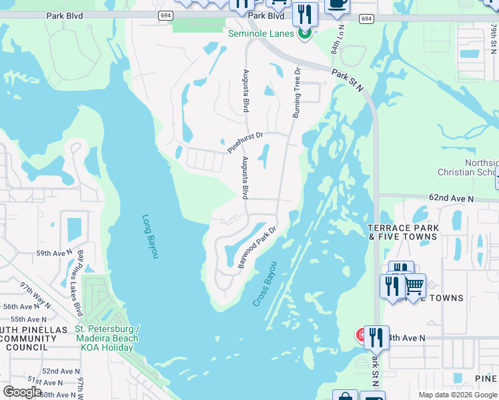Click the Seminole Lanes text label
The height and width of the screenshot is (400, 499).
(x=261, y=33)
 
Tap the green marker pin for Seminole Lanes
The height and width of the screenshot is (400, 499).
(x=305, y=33)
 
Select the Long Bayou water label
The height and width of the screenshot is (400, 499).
(x=149, y=236)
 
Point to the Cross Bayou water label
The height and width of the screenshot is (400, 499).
(x=265, y=289)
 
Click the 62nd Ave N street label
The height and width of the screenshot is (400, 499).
(x=451, y=199)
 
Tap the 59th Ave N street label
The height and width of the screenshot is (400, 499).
(x=53, y=253)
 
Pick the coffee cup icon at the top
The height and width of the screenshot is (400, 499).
(x=337, y=4)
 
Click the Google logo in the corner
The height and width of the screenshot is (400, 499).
(x=22, y=391)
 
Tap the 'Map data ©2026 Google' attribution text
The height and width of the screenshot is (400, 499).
(x=458, y=395)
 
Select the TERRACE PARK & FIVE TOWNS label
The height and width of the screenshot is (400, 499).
(x=403, y=232)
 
